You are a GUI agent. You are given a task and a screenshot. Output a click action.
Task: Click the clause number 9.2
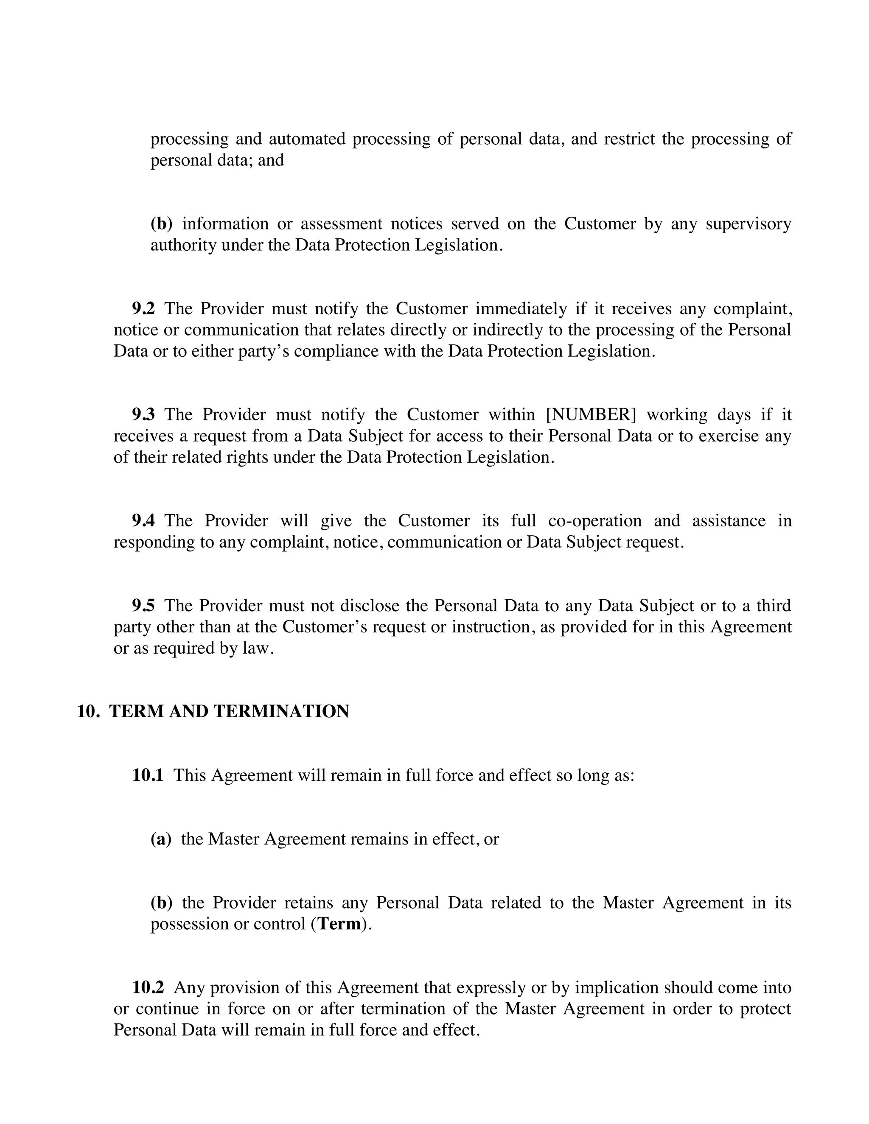click(143, 309)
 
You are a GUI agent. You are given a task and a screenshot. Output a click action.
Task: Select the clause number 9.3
click(143, 415)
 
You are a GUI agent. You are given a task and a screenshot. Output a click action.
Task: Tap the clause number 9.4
click(143, 521)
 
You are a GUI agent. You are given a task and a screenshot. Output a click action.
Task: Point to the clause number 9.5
click(143, 606)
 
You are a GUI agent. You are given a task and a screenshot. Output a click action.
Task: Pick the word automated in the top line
click(307, 139)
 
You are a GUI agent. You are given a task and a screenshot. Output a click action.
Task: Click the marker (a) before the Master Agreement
click(161, 839)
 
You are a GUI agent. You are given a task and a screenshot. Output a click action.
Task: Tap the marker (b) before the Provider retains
click(161, 903)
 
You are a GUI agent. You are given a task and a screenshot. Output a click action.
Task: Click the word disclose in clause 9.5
click(371, 606)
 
